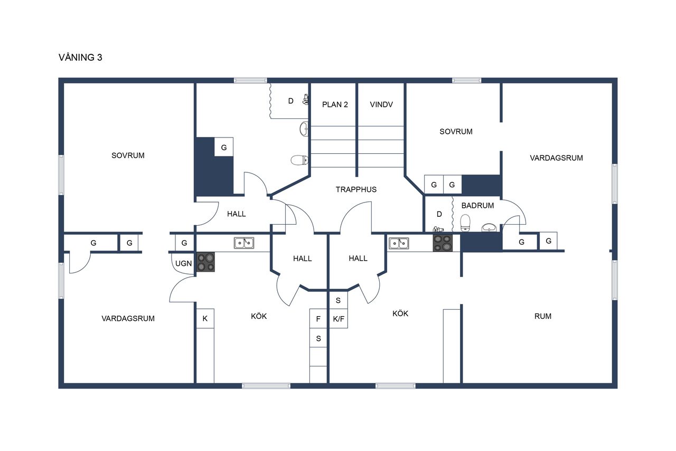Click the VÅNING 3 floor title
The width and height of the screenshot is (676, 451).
[x=80, y=57]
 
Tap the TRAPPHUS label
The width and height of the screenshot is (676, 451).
[x=356, y=189]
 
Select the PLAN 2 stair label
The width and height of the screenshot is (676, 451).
[x=335, y=105]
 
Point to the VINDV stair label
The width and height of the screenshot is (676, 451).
[x=381, y=105]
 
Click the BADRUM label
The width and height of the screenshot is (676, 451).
[x=478, y=206]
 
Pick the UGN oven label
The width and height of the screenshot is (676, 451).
[x=183, y=263]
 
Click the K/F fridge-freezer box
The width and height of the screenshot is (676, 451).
[x=339, y=318]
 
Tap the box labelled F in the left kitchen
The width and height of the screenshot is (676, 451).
[x=318, y=318]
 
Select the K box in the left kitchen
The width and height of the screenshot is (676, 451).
[x=205, y=318]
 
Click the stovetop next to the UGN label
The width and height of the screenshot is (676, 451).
[x=206, y=262]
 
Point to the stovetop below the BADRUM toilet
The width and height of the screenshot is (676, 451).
[x=443, y=243]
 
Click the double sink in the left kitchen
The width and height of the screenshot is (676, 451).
[x=244, y=243]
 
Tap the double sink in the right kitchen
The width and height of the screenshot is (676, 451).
[x=399, y=243]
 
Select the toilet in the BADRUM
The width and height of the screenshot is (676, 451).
[x=465, y=223]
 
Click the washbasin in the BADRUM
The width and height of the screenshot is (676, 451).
[x=489, y=227]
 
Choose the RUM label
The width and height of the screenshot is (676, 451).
[x=543, y=316]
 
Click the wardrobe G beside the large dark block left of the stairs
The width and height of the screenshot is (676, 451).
[x=223, y=147]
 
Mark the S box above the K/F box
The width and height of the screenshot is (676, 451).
[x=339, y=300]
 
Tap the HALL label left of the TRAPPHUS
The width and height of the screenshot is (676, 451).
[x=236, y=214]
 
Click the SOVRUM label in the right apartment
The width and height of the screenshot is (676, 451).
[x=456, y=132]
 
